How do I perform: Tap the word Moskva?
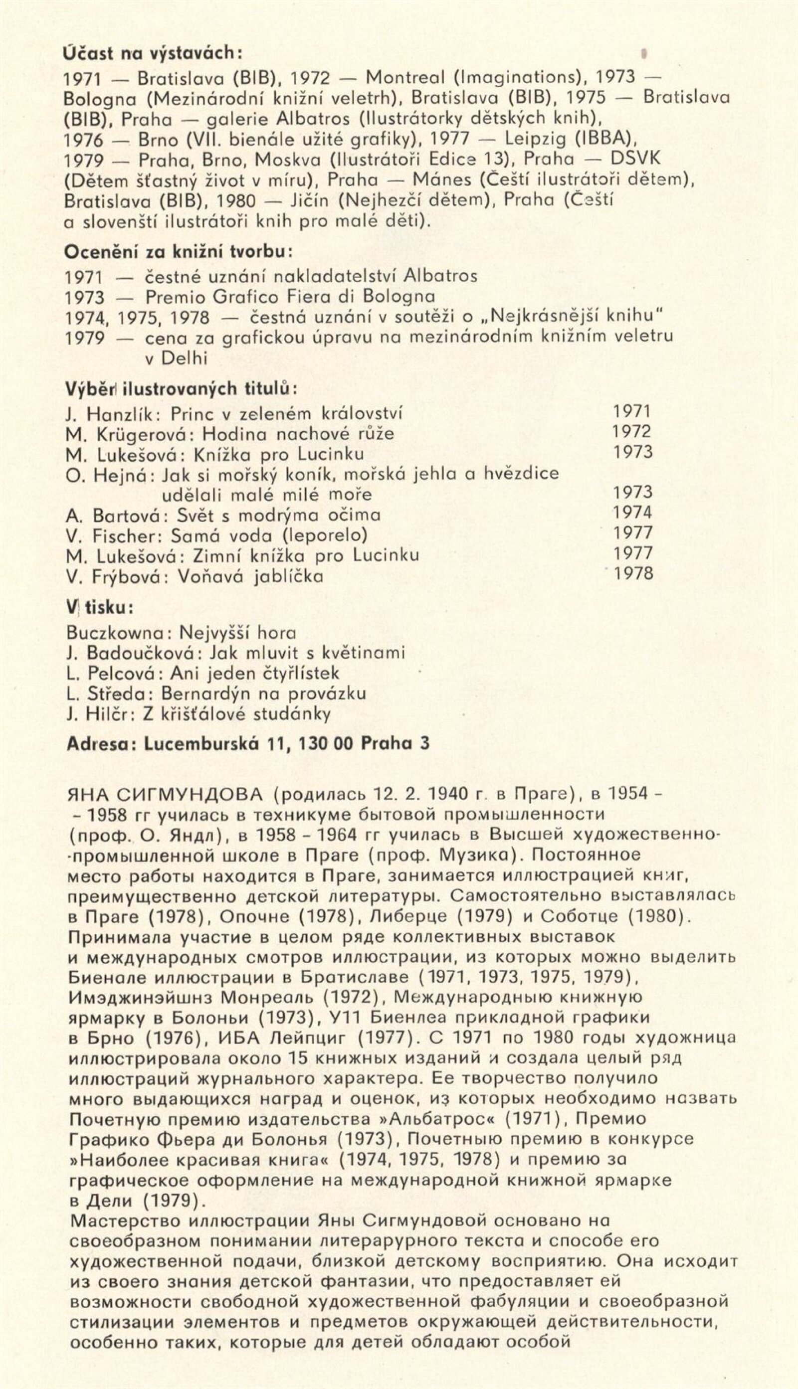pyautogui.click(x=288, y=159)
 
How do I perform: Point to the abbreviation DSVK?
pyautogui.click(x=635, y=158)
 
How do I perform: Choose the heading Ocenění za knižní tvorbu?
pyautogui.click(x=179, y=252)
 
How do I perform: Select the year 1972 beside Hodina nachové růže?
pyautogui.click(x=632, y=432)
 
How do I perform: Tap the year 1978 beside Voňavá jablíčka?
pyautogui.click(x=633, y=573)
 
